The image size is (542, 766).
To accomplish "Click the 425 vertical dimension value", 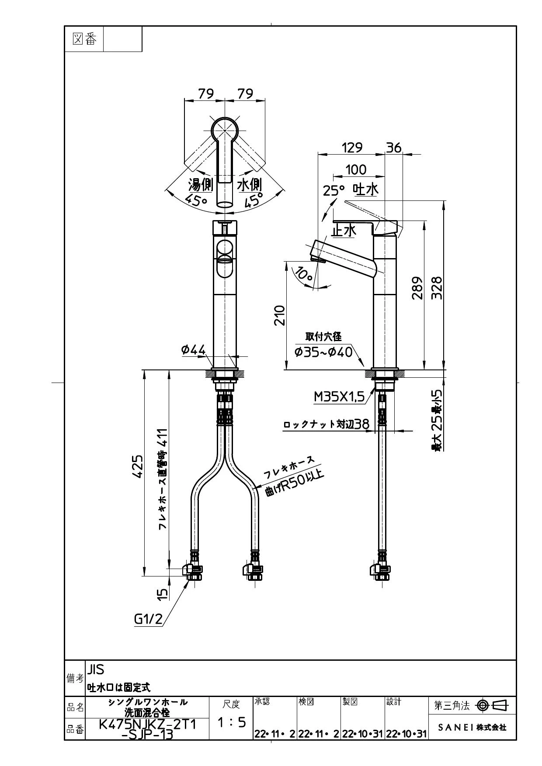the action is [138, 466].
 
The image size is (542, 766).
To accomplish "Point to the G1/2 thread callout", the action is [148, 619].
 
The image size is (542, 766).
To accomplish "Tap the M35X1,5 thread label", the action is [339, 397].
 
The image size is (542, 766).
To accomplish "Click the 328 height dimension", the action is [436, 287].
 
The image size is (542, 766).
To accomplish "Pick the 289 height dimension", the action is [417, 287].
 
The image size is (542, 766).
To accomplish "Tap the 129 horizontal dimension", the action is [352, 148].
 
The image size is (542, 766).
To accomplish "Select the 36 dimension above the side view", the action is [394, 148].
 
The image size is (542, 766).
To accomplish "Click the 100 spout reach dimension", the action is [356, 169].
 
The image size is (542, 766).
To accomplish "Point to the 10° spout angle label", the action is [303, 274].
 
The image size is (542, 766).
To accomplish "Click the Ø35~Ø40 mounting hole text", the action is [323, 352].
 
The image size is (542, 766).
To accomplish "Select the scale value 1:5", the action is [232, 722].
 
